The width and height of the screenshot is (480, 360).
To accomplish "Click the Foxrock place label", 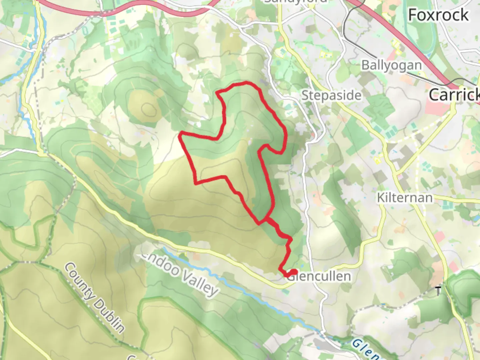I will click(x=438, y=15).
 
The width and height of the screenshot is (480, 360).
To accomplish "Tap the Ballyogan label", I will click(x=391, y=65).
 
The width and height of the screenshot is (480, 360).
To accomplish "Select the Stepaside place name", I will click(x=331, y=96).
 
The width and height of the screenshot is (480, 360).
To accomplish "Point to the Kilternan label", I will click(x=405, y=198).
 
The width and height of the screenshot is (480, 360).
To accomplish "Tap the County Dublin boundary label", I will click(x=94, y=297).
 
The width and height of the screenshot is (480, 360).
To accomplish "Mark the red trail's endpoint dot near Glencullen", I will click(x=293, y=272).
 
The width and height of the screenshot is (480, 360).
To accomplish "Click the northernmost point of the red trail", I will click(x=246, y=82).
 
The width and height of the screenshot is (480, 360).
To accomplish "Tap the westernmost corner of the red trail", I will click(x=181, y=135).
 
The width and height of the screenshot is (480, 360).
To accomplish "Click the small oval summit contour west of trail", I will click(x=148, y=108).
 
